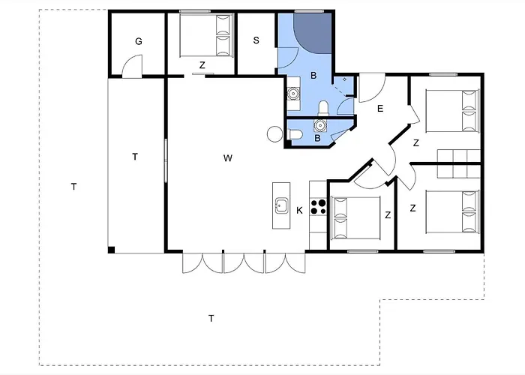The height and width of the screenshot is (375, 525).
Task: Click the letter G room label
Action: pyautogui.click(x=139, y=41)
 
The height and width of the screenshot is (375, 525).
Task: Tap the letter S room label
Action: pyautogui.click(x=256, y=40)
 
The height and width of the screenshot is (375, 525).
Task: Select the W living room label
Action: pyautogui.click(x=228, y=158)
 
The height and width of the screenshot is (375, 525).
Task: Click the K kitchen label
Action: pyautogui.click(x=300, y=210)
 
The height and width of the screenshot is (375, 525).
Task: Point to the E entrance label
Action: pyautogui.click(x=380, y=109)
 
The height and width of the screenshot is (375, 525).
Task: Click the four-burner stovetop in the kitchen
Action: pyautogui.click(x=318, y=206)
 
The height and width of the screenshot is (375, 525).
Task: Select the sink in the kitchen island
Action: pyautogui.click(x=281, y=205)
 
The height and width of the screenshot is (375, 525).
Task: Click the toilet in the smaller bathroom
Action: pyautogui.click(x=295, y=134)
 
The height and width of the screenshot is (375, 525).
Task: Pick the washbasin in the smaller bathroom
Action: pyautogui.click(x=320, y=125)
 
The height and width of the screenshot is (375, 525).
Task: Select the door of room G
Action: pyautogui.click(x=132, y=67)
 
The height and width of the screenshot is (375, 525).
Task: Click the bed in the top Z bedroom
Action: pyautogui.click(x=206, y=35)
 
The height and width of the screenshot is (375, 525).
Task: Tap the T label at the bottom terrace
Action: pyautogui.click(x=211, y=318)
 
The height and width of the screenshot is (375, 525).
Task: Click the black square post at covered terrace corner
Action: pyautogui.click(x=112, y=250)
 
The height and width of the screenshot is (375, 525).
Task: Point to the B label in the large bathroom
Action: pyautogui.click(x=313, y=76)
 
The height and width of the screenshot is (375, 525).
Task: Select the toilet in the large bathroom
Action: pyautogui.click(x=323, y=108)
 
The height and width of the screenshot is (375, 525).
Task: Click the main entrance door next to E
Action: pyautogui.click(x=372, y=88)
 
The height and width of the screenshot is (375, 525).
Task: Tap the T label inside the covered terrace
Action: pyautogui.click(x=135, y=157)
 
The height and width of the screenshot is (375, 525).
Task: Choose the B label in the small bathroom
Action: pyautogui.click(x=317, y=138)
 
